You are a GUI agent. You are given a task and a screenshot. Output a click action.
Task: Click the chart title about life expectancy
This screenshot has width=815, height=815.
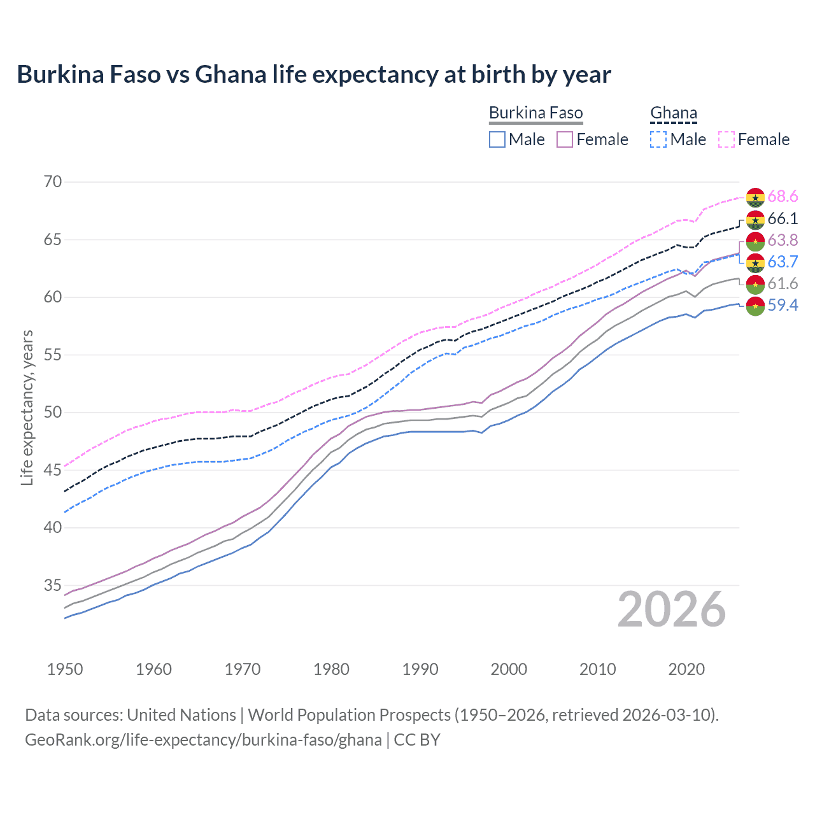pos(314,74)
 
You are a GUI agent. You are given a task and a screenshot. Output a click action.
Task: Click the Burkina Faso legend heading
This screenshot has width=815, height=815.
pos(535,113)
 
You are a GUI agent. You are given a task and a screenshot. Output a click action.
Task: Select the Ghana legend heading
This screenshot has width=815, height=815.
pos(674,113)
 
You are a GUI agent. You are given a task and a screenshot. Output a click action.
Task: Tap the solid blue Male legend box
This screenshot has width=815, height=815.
pos(497,139)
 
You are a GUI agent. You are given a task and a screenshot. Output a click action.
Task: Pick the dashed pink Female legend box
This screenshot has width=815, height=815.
pos(726,139)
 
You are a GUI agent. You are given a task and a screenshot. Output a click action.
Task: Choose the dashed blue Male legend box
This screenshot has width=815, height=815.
pos(658,139)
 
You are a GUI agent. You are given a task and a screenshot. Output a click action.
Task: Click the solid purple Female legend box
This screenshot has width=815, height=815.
pos(565,139)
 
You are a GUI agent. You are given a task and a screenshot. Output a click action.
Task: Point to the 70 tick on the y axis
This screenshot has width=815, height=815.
pos(53,182)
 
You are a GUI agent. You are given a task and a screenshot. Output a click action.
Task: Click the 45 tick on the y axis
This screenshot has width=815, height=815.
pos(53,470)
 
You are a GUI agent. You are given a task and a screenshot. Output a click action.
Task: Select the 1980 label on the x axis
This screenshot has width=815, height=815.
pos(331,669)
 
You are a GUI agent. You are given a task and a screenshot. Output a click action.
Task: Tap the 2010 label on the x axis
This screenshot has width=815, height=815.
pos(597,669)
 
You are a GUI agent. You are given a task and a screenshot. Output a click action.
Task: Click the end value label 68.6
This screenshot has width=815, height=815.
pos(783,197)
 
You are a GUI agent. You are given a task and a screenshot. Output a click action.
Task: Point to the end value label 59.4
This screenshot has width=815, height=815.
pos(783,306)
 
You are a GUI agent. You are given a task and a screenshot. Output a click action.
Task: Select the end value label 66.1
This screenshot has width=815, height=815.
pos(783,219)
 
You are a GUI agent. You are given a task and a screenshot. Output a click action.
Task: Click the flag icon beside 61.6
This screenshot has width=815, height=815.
pos(755,284)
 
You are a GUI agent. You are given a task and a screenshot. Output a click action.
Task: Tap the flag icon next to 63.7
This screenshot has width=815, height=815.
pos(755,262)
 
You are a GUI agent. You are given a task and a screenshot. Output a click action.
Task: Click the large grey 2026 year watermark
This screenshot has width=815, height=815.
pos(671,610)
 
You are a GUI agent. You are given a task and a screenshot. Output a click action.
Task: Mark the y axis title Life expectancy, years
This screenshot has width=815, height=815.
pos(27,407)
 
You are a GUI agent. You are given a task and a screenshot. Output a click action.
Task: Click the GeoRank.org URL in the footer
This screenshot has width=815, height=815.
pos(203,740)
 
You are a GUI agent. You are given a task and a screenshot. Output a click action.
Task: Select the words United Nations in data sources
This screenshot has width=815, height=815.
pos(181,715)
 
